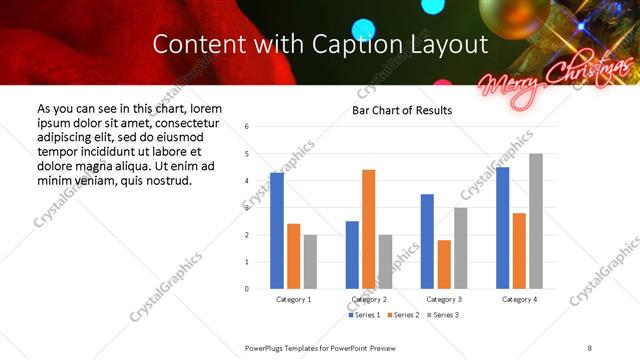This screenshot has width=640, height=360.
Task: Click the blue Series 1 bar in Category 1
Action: (x=277, y=231)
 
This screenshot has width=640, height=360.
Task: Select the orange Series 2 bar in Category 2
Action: (x=368, y=229)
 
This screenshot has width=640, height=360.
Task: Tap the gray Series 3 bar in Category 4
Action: (x=536, y=221)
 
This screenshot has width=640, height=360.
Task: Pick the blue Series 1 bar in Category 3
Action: (x=427, y=241)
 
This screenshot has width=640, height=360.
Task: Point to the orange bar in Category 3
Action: (x=444, y=264)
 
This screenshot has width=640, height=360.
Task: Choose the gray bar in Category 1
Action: (x=310, y=262)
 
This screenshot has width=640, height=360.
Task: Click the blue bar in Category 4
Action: (x=502, y=228)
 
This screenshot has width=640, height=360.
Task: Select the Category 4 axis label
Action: (x=519, y=299)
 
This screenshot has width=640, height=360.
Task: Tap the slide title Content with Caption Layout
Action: (x=320, y=45)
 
